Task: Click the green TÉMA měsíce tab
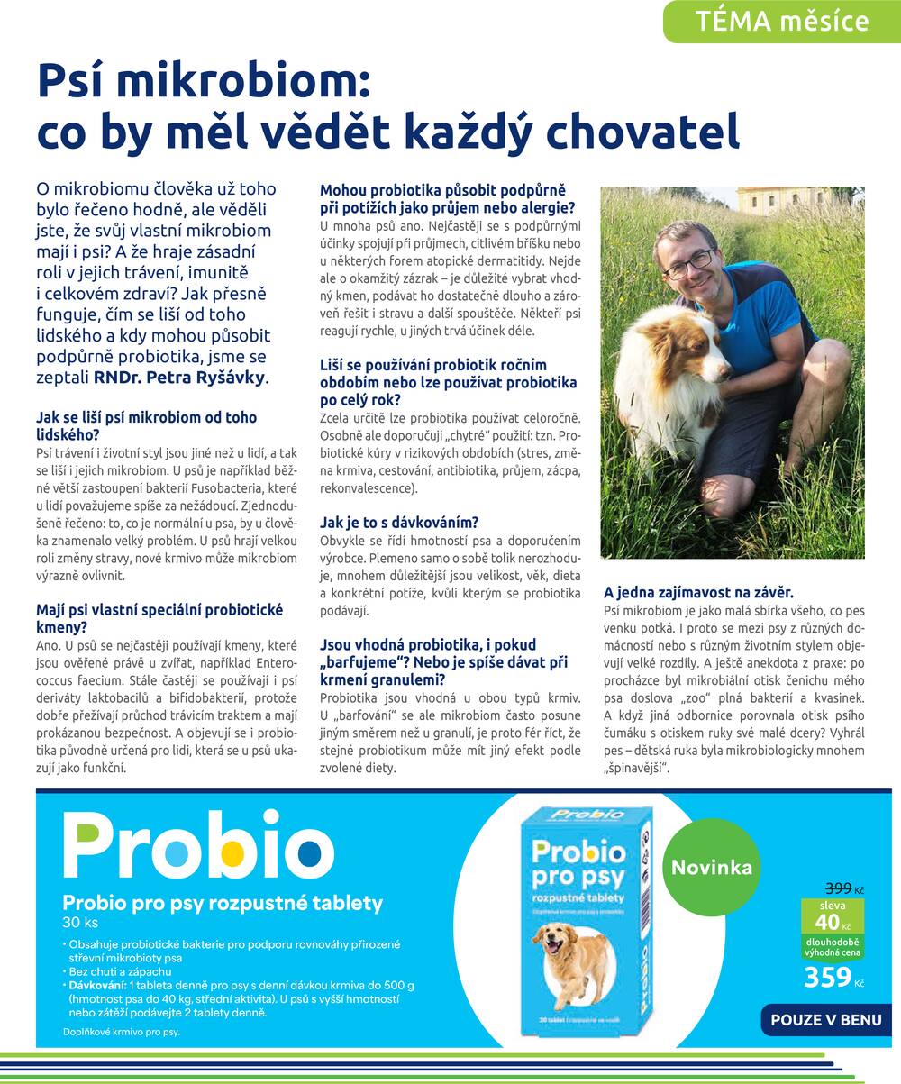[x=782, y=22]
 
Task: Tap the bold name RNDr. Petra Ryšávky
[x=180, y=377]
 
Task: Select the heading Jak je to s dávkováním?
[x=399, y=523]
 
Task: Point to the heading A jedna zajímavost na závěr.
[x=698, y=593]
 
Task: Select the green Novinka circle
[x=712, y=868]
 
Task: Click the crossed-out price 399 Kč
[x=844, y=888]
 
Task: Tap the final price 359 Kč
[x=833, y=977]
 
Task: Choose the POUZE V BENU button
[x=825, y=1020]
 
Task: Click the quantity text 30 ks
[x=80, y=923]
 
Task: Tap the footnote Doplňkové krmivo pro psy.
[x=122, y=1032]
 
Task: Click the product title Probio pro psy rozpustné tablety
[x=223, y=903]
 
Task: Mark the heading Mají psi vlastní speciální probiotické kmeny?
[x=159, y=618]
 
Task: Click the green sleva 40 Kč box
[x=833, y=915]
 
